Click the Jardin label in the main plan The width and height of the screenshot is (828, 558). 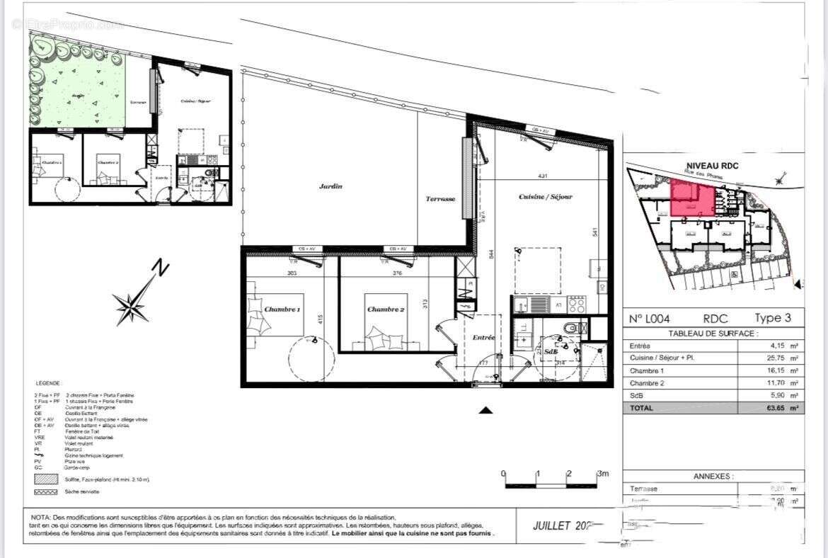point(330,186)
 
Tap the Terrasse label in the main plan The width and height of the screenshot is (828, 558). point(439,199)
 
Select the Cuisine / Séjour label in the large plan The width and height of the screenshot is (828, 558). point(546,196)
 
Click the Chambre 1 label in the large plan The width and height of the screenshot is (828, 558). point(282,309)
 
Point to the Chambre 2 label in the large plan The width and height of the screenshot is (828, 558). point(386,309)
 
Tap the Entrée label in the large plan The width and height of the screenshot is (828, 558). point(483,338)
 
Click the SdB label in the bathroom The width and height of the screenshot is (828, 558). point(551,351)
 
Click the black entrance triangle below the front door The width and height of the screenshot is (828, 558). point(485,410)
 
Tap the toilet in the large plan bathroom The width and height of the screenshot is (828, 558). point(575,327)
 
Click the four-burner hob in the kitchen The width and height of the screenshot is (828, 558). point(577,305)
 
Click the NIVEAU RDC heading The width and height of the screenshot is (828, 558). point(712,166)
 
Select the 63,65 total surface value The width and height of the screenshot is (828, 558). point(779,408)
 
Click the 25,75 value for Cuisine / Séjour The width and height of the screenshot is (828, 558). point(779,358)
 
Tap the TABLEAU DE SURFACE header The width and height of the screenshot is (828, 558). point(713,333)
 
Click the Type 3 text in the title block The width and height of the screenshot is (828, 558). point(778,319)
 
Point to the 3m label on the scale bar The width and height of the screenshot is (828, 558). point(603,473)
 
